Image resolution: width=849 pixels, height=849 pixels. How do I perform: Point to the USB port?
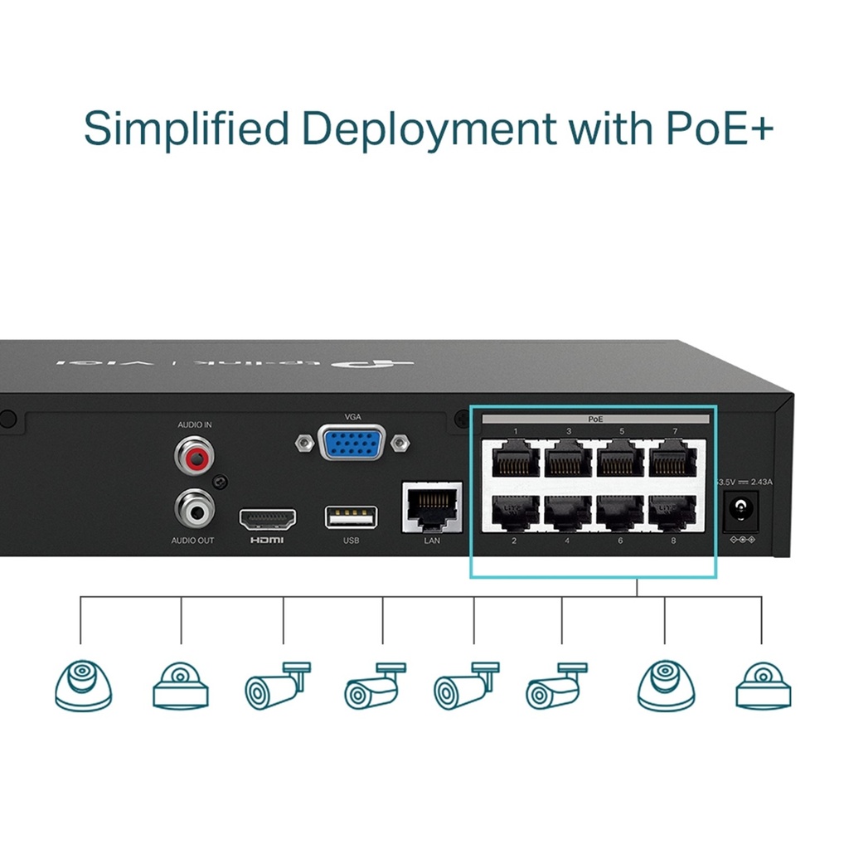(x=351, y=518)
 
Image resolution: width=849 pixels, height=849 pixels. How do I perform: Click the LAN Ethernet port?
(x=432, y=507)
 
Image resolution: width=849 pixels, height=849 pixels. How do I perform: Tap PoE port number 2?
(x=513, y=511)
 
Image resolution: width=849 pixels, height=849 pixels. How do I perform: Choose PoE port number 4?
(x=567, y=511)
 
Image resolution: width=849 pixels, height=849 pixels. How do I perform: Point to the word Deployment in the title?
(x=428, y=130)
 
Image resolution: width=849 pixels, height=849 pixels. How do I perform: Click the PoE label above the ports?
(x=594, y=420)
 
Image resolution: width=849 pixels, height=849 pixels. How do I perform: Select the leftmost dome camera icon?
(x=83, y=685)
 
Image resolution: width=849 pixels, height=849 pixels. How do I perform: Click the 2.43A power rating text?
(x=756, y=482)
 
